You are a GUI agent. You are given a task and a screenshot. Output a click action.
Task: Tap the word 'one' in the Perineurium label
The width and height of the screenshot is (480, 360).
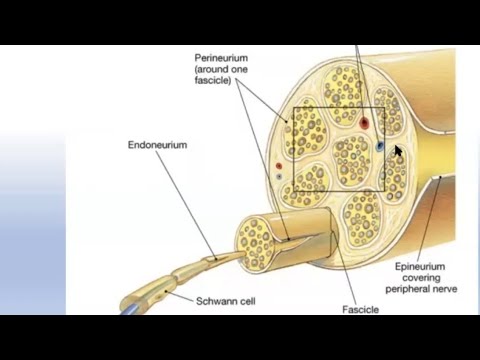tap(241, 69)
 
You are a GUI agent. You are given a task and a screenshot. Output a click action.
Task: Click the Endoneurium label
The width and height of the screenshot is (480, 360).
tap(157, 144)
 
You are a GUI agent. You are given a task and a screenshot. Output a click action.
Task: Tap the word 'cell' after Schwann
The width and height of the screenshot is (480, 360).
tap(225, 299)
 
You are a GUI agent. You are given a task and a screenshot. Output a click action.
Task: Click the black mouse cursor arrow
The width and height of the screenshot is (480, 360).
tap(398, 152)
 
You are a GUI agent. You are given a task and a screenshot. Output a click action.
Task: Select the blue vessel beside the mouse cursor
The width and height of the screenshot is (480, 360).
tap(379, 146)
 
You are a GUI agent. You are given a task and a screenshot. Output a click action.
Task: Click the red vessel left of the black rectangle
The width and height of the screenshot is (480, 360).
tap(277, 166)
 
